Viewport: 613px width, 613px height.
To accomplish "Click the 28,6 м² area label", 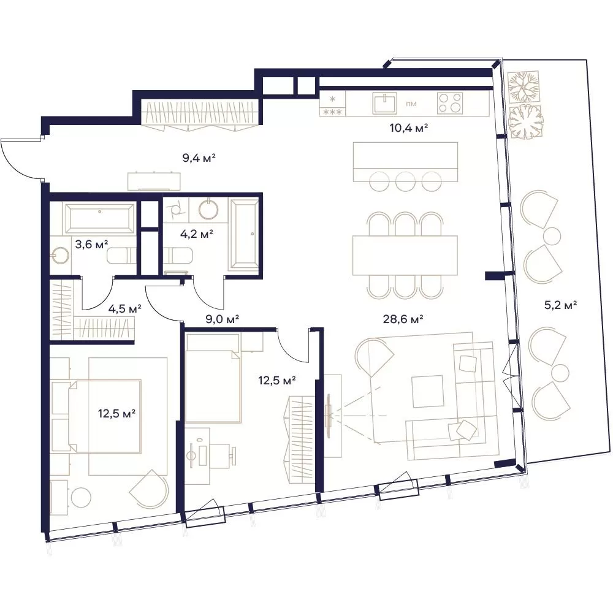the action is coord(403,319).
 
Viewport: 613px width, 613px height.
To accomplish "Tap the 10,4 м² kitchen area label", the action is coord(408,128).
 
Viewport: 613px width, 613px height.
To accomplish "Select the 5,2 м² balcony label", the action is coord(561,305).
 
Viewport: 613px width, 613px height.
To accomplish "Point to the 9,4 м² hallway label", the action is coord(199,158).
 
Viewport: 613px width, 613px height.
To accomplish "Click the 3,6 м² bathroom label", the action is coord(91,245).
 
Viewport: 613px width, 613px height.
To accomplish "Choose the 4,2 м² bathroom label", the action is coord(196,234).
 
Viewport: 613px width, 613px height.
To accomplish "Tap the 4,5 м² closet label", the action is coord(124,309).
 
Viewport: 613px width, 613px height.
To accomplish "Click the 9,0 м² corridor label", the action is coord(222,319).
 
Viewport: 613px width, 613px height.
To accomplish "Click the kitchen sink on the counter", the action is coord(384,103).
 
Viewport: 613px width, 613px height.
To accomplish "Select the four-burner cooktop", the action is coord(450,103).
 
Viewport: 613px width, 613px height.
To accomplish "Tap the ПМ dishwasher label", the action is coord(411,104).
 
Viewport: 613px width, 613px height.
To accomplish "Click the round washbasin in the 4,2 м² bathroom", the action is coord(209,209).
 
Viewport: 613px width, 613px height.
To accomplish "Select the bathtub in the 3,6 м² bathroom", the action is coord(99,218).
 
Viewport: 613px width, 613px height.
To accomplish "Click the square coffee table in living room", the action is coord(428,391).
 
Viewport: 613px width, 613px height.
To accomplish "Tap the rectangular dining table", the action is coord(405,255).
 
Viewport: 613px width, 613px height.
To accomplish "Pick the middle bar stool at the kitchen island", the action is coord(405,181).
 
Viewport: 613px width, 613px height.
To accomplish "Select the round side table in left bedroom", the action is coord(81,498).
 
